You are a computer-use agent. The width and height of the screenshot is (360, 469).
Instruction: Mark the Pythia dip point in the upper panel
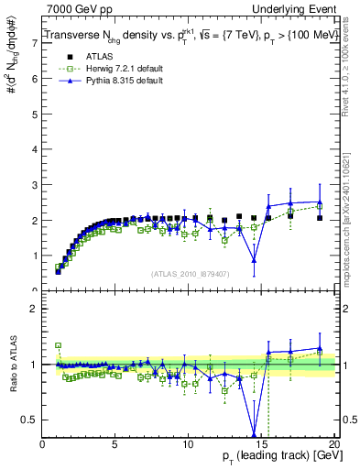pyautogui.click(x=254, y=261)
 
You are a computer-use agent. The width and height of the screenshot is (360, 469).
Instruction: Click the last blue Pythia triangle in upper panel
pyautogui.click(x=320, y=202)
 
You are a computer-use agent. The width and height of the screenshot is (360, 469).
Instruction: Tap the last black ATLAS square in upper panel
pyautogui.click(x=320, y=218)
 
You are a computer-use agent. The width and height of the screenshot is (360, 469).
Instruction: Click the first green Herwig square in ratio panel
pyautogui.click(x=58, y=345)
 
